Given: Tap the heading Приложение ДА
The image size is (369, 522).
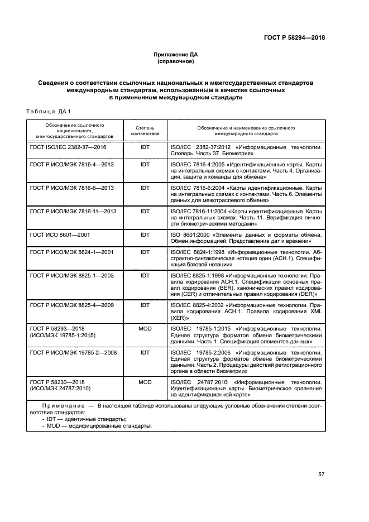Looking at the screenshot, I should pyautogui.click(x=176, y=55).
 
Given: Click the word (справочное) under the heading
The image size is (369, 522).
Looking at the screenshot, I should pyautogui.click(x=176, y=61).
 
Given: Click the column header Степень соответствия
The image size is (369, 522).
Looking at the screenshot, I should pyautogui.click(x=145, y=131).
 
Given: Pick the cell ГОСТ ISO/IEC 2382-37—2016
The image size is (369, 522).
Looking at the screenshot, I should pyautogui.click(x=68, y=147).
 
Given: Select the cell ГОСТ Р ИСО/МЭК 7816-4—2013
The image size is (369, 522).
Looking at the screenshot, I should pyautogui.click(x=71, y=165).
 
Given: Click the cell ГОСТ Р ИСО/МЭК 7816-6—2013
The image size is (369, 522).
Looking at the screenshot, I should pyautogui.click(x=71, y=188).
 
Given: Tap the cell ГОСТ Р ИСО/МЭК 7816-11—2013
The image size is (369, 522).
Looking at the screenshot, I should pyautogui.click(x=73, y=212).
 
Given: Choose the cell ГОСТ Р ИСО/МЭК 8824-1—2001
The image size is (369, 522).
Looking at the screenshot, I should pyautogui.click(x=71, y=252).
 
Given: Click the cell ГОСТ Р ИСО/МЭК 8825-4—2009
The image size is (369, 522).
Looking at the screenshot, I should pyautogui.click(x=71, y=306).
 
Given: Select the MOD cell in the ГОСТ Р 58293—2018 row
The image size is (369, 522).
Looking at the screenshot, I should pyautogui.click(x=145, y=329).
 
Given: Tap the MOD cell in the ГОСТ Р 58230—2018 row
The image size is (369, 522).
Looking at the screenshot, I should pyautogui.click(x=145, y=382).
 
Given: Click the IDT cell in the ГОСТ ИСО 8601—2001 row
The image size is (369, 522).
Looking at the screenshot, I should pyautogui.click(x=145, y=236).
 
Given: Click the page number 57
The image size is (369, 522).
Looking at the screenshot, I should pyautogui.click(x=321, y=475).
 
